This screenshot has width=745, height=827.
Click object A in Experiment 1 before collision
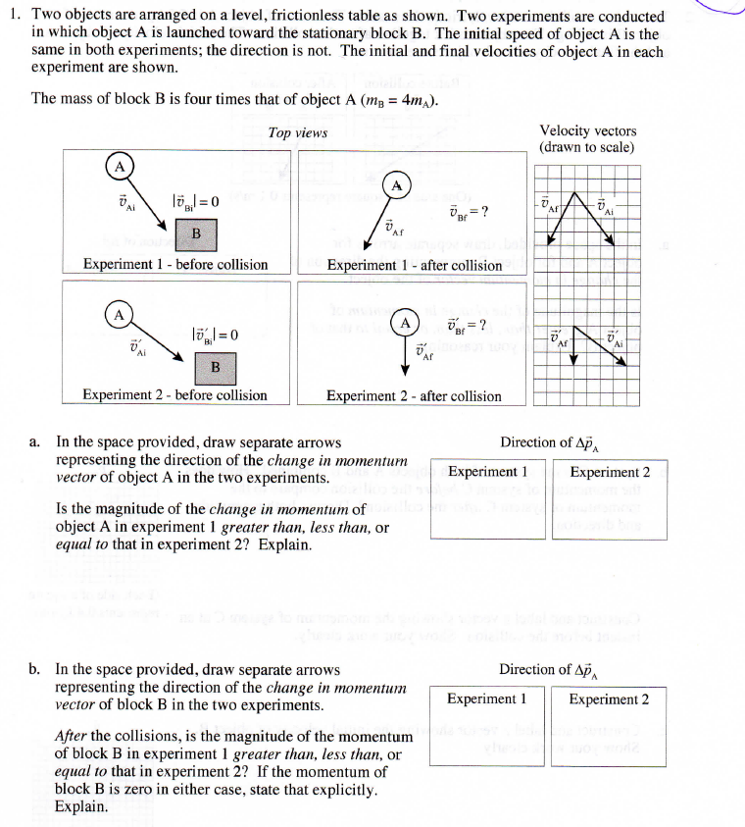click(x=120, y=168)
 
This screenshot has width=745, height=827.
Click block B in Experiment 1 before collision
click(x=196, y=233)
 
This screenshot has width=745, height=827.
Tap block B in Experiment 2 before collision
click(x=215, y=367)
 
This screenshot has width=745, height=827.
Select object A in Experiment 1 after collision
click(x=396, y=185)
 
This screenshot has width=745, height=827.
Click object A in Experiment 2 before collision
click(x=118, y=314)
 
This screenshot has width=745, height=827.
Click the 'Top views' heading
click(x=297, y=133)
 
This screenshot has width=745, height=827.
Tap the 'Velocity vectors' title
click(x=587, y=130)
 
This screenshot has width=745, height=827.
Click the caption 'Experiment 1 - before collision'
click(x=175, y=265)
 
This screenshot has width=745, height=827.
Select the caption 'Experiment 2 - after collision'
click(x=414, y=396)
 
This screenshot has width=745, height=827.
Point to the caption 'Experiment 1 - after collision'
click(x=414, y=265)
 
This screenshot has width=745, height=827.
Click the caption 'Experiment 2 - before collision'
click(x=175, y=395)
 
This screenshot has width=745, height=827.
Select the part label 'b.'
click(x=35, y=670)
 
